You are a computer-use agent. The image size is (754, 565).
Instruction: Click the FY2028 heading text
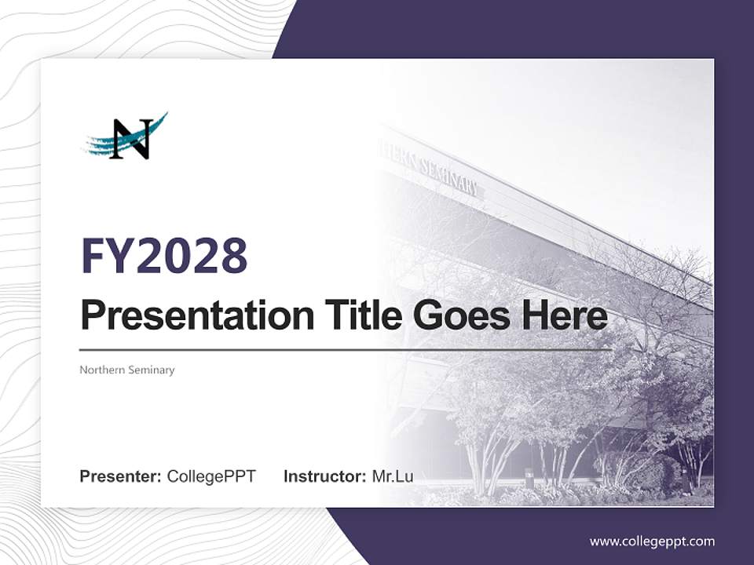point(164,256)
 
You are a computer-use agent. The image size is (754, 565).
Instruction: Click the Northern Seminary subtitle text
point(126,370)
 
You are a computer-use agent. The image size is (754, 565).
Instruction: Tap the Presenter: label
point(120,476)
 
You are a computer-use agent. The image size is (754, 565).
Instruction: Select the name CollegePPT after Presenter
point(211,476)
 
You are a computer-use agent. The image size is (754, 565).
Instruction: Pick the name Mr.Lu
point(393,476)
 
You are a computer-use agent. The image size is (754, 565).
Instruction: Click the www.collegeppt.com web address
point(652,541)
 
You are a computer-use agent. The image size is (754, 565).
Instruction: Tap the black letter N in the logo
point(130,140)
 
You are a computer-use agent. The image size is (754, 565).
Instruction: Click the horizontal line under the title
point(346,350)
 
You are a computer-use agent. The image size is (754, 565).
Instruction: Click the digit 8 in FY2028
point(232,256)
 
